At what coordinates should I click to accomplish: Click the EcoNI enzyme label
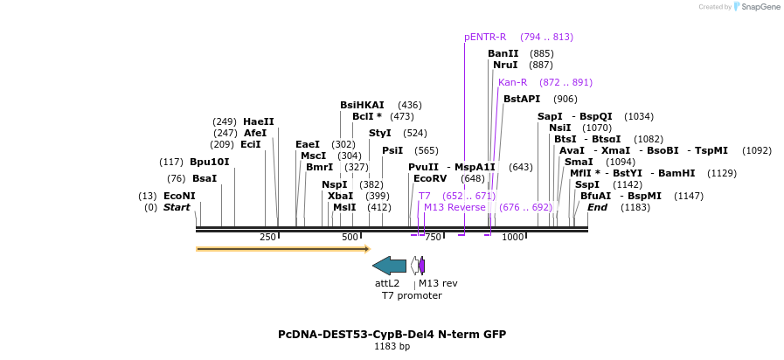coord(179,196)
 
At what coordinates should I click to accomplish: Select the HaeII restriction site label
coord(259,121)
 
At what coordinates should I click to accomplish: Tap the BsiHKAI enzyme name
coord(362,105)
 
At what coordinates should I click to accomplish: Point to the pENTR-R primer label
coord(485,37)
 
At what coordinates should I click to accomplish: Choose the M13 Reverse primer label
coord(454,207)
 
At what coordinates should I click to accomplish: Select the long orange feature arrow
coord(282,249)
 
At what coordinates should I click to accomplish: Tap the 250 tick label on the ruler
coord(268,237)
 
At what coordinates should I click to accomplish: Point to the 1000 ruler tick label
coord(512,237)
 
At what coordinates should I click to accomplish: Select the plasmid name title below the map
coord(392,335)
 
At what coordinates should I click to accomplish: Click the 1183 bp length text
coord(392,347)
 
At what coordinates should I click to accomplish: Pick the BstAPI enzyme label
coord(522,99)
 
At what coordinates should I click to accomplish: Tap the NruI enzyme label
coord(505,65)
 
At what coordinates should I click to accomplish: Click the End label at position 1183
coord(597,207)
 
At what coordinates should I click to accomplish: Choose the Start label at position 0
coord(177,207)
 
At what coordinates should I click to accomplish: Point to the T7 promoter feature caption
coord(412,295)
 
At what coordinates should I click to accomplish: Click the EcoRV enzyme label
coord(430,178)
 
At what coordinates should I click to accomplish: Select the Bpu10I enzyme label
coord(210,162)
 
